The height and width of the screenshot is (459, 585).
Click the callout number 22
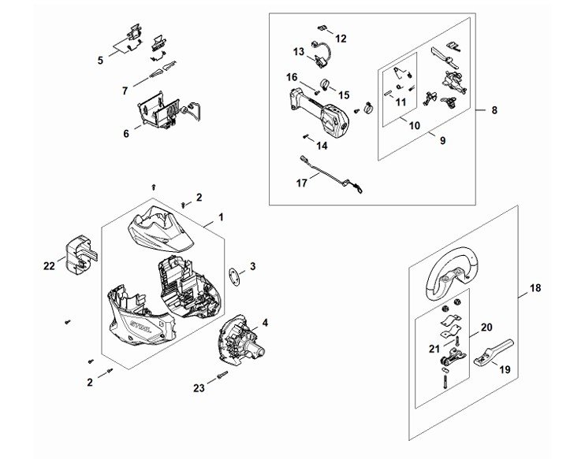(x=49, y=266)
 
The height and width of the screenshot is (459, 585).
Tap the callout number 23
(x=199, y=387)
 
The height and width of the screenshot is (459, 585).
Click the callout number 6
(x=126, y=134)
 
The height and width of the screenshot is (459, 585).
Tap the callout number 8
(x=494, y=111)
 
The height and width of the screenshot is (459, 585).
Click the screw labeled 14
(x=306, y=136)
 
